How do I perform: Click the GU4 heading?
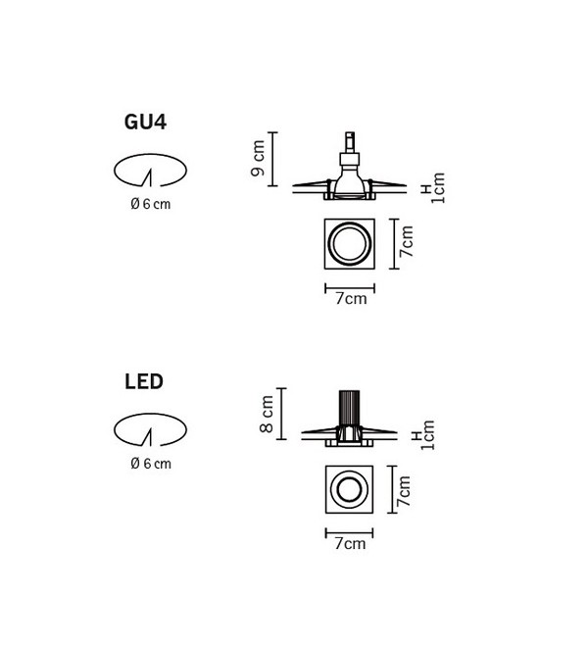point(145,123)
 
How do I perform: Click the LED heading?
point(144,381)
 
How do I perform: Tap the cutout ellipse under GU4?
point(150,155)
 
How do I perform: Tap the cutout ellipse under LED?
point(150,415)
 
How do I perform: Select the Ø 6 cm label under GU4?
point(151,204)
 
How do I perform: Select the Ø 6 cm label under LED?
point(151,464)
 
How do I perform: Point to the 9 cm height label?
point(258,158)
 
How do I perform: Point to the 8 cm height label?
point(267,414)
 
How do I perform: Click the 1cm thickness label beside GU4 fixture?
point(438,188)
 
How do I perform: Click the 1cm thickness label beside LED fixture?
point(428,435)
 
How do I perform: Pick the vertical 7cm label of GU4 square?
point(407,241)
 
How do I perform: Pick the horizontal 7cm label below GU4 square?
point(351,299)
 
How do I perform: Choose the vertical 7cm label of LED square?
point(405,491)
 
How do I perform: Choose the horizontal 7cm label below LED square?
point(350,544)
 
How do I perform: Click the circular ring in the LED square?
point(349,472)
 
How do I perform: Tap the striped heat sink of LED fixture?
point(349,408)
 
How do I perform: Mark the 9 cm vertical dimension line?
point(272,159)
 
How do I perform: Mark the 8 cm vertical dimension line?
point(281,414)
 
